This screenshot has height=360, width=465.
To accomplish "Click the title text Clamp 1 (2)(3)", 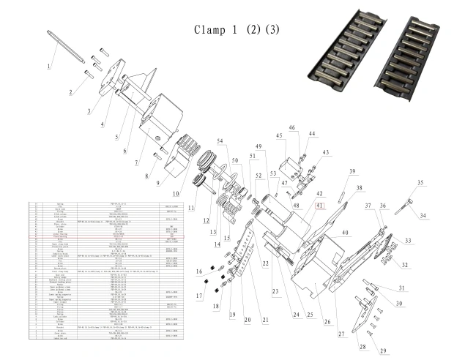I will click(x=237, y=30).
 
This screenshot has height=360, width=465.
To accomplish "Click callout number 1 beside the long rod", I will click(x=50, y=67).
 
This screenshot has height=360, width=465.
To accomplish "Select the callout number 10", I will click(x=175, y=193).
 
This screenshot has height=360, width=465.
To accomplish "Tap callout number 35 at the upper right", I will click(x=420, y=182).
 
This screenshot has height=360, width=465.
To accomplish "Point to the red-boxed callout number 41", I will click(x=319, y=206).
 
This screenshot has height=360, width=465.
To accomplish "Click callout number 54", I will click(x=219, y=140).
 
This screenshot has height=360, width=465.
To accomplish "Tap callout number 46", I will click(x=291, y=128).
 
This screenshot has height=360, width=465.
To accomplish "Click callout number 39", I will click(x=351, y=171).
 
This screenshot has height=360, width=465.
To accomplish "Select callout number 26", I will click(x=327, y=301).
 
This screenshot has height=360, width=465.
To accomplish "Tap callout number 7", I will click(x=137, y=162).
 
